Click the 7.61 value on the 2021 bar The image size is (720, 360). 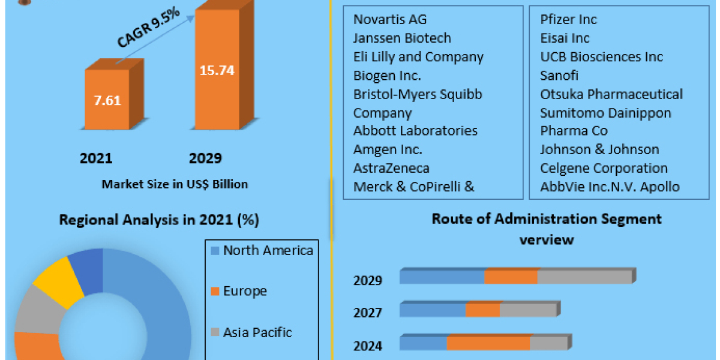pyautogui.click(x=107, y=100)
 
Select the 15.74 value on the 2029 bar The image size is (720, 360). pyautogui.click(x=216, y=70)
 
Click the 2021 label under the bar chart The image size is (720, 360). pyautogui.click(x=96, y=158)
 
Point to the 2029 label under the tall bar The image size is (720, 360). pyautogui.click(x=205, y=158)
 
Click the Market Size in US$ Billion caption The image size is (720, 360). pyautogui.click(x=175, y=184)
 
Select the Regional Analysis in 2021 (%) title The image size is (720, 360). pyautogui.click(x=159, y=220)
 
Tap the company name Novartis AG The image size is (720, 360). pyautogui.click(x=390, y=19)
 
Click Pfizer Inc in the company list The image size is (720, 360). pyautogui.click(x=568, y=19)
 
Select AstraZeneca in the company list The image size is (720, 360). pyautogui.click(x=391, y=168)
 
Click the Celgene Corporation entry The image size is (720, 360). pyautogui.click(x=604, y=168)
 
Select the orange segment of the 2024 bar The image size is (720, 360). pyautogui.click(x=488, y=344)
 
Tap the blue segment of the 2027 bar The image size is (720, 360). pyautogui.click(x=433, y=311)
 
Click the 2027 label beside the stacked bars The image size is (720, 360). pyautogui.click(x=368, y=313)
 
